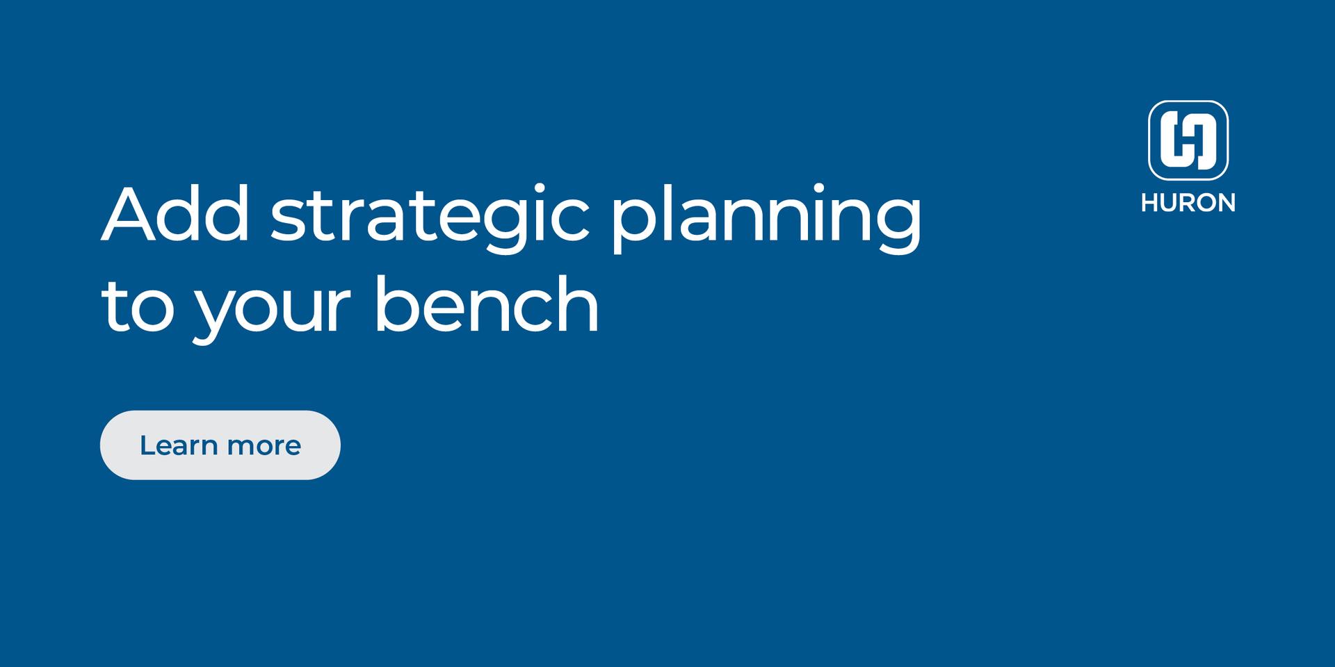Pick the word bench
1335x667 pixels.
[486, 303]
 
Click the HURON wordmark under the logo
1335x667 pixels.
[1188, 202]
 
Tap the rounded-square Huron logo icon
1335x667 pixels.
[1188, 140]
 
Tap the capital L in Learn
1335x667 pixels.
[147, 445]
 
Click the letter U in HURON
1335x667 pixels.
[1168, 202]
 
